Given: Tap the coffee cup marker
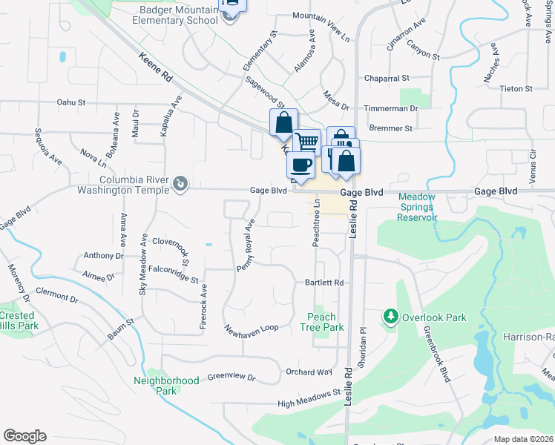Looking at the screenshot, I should [x=300, y=164].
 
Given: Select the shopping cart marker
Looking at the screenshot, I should [x=307, y=140].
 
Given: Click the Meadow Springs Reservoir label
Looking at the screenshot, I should [x=418, y=208].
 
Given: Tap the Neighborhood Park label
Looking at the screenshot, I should [x=166, y=386].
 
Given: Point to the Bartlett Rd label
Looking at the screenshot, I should [x=325, y=283].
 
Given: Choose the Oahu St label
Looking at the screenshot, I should [x=71, y=102].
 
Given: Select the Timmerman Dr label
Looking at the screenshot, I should [x=393, y=108].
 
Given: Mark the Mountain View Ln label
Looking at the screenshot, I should [x=321, y=16].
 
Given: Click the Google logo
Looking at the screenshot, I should [x=24, y=435].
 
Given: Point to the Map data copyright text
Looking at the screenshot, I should [x=524, y=439].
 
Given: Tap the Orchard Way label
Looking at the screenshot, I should [x=309, y=372].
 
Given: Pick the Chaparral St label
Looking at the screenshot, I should [x=387, y=78].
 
